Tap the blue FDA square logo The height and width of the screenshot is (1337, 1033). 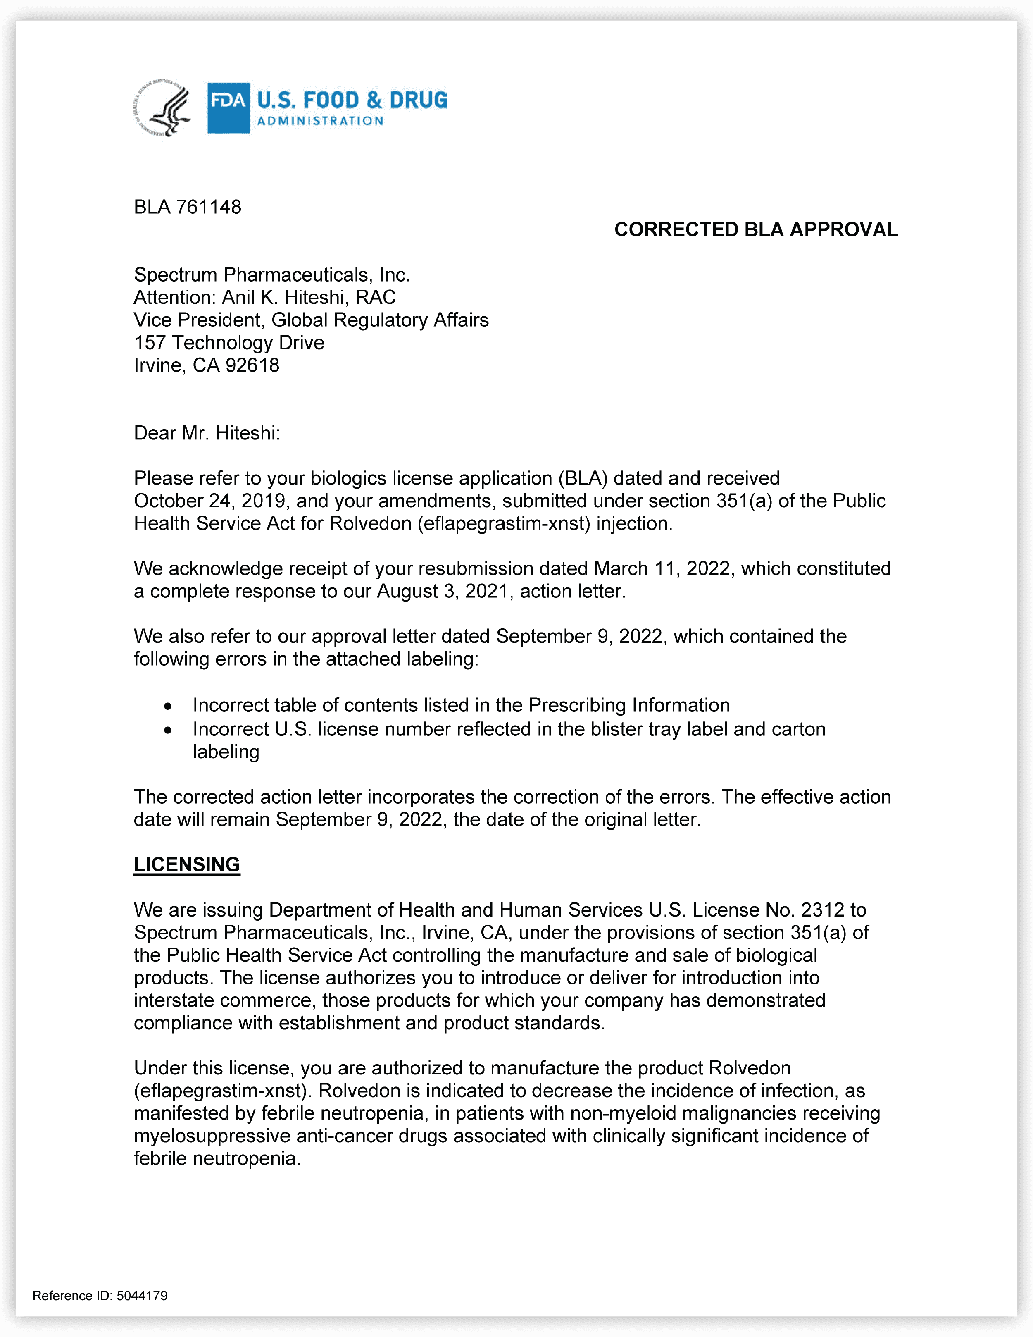228,108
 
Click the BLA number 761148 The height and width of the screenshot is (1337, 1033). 209,207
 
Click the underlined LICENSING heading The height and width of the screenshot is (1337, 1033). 187,864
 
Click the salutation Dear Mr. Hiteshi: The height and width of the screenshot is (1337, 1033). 207,433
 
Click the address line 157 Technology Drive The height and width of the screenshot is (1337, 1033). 229,343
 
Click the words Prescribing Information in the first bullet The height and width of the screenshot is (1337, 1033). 629,705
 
